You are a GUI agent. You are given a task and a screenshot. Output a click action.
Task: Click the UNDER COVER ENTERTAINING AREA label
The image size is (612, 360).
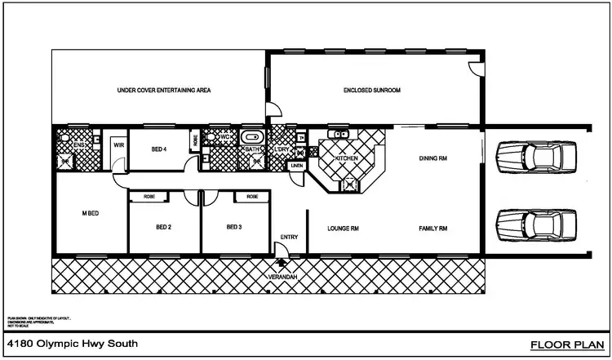(x=164, y=91)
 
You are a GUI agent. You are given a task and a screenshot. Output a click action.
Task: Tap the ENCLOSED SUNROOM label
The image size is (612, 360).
(x=372, y=91)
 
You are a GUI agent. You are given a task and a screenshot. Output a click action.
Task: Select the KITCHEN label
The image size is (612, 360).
(x=346, y=157)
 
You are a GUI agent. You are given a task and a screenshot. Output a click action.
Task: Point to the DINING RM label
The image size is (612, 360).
(x=433, y=158)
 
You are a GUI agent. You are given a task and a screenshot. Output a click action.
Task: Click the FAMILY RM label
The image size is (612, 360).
(x=433, y=229)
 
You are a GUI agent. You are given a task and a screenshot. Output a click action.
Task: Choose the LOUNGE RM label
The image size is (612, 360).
(x=344, y=229)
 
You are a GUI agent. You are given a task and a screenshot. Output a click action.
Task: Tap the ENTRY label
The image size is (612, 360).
(x=290, y=237)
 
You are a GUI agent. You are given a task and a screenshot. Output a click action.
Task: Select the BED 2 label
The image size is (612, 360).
(x=164, y=227)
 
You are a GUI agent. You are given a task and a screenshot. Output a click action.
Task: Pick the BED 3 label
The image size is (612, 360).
(x=234, y=227)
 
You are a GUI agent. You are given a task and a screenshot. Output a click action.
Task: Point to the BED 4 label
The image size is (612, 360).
(x=159, y=150)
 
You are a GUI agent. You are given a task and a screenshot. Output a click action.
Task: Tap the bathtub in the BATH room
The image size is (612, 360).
(x=251, y=137)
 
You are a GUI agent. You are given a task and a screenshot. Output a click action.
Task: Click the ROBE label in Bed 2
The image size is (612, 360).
(x=150, y=197)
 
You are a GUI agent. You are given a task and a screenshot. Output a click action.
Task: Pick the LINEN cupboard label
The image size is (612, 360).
(x=296, y=167)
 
